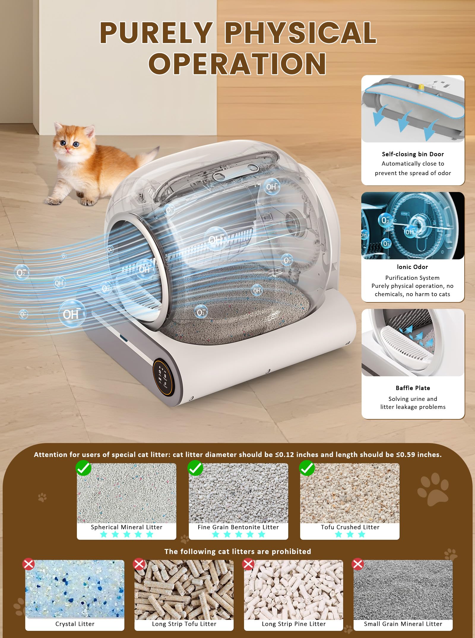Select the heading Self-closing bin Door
[413, 154]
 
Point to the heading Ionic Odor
[412, 267]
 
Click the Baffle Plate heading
[413, 388]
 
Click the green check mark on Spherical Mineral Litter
[83, 469]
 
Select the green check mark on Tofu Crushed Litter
[307, 469]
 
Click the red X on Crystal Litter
[28, 564]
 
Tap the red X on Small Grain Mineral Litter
[358, 564]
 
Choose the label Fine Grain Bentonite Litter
[238, 527]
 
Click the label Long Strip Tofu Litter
[184, 624]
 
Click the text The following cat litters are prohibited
[237, 551]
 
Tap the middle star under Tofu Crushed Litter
[350, 534]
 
